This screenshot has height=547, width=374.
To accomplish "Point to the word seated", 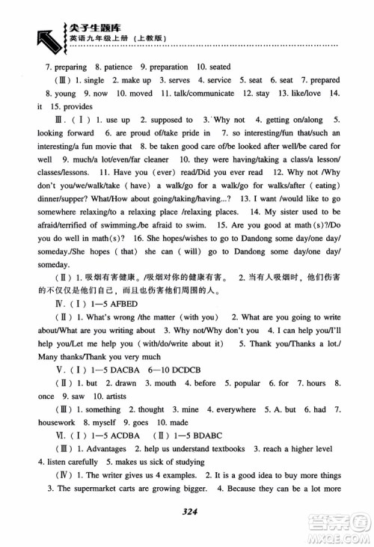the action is [216, 67].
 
